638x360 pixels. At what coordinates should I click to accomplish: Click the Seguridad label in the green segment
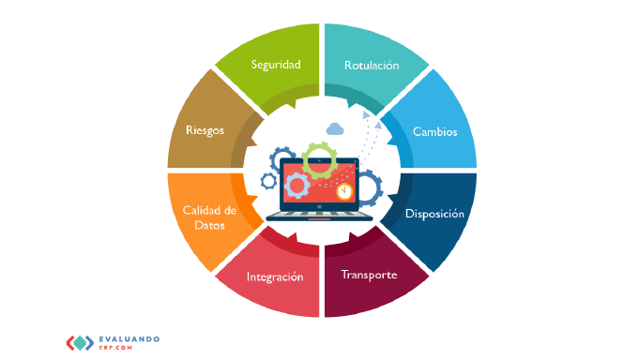[276, 65]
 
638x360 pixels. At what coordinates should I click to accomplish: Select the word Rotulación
[372, 65]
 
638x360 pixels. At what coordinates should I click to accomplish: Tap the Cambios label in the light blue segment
[435, 131]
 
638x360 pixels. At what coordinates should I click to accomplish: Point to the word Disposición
[434, 214]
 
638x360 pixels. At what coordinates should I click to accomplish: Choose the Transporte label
[369, 275]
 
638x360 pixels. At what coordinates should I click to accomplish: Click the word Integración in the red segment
[275, 277]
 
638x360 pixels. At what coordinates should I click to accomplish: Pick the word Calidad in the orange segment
[201, 210]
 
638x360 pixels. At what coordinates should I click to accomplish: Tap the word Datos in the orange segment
[209, 225]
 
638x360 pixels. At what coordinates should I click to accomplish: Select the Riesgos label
[205, 130]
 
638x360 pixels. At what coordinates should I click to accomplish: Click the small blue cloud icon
[335, 129]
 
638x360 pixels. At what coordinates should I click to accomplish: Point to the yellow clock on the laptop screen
[344, 190]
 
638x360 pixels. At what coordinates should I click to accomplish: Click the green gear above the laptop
[319, 160]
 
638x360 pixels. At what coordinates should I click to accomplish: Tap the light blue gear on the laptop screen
[297, 186]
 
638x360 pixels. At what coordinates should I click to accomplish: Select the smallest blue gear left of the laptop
[268, 181]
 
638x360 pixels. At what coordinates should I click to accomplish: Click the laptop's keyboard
[319, 214]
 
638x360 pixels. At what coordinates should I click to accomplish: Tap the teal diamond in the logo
[80, 343]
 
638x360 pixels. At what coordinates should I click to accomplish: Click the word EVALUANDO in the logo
[129, 339]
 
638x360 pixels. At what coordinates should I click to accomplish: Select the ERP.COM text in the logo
[115, 348]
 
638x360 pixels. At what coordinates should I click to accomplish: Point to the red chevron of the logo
[70, 343]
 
